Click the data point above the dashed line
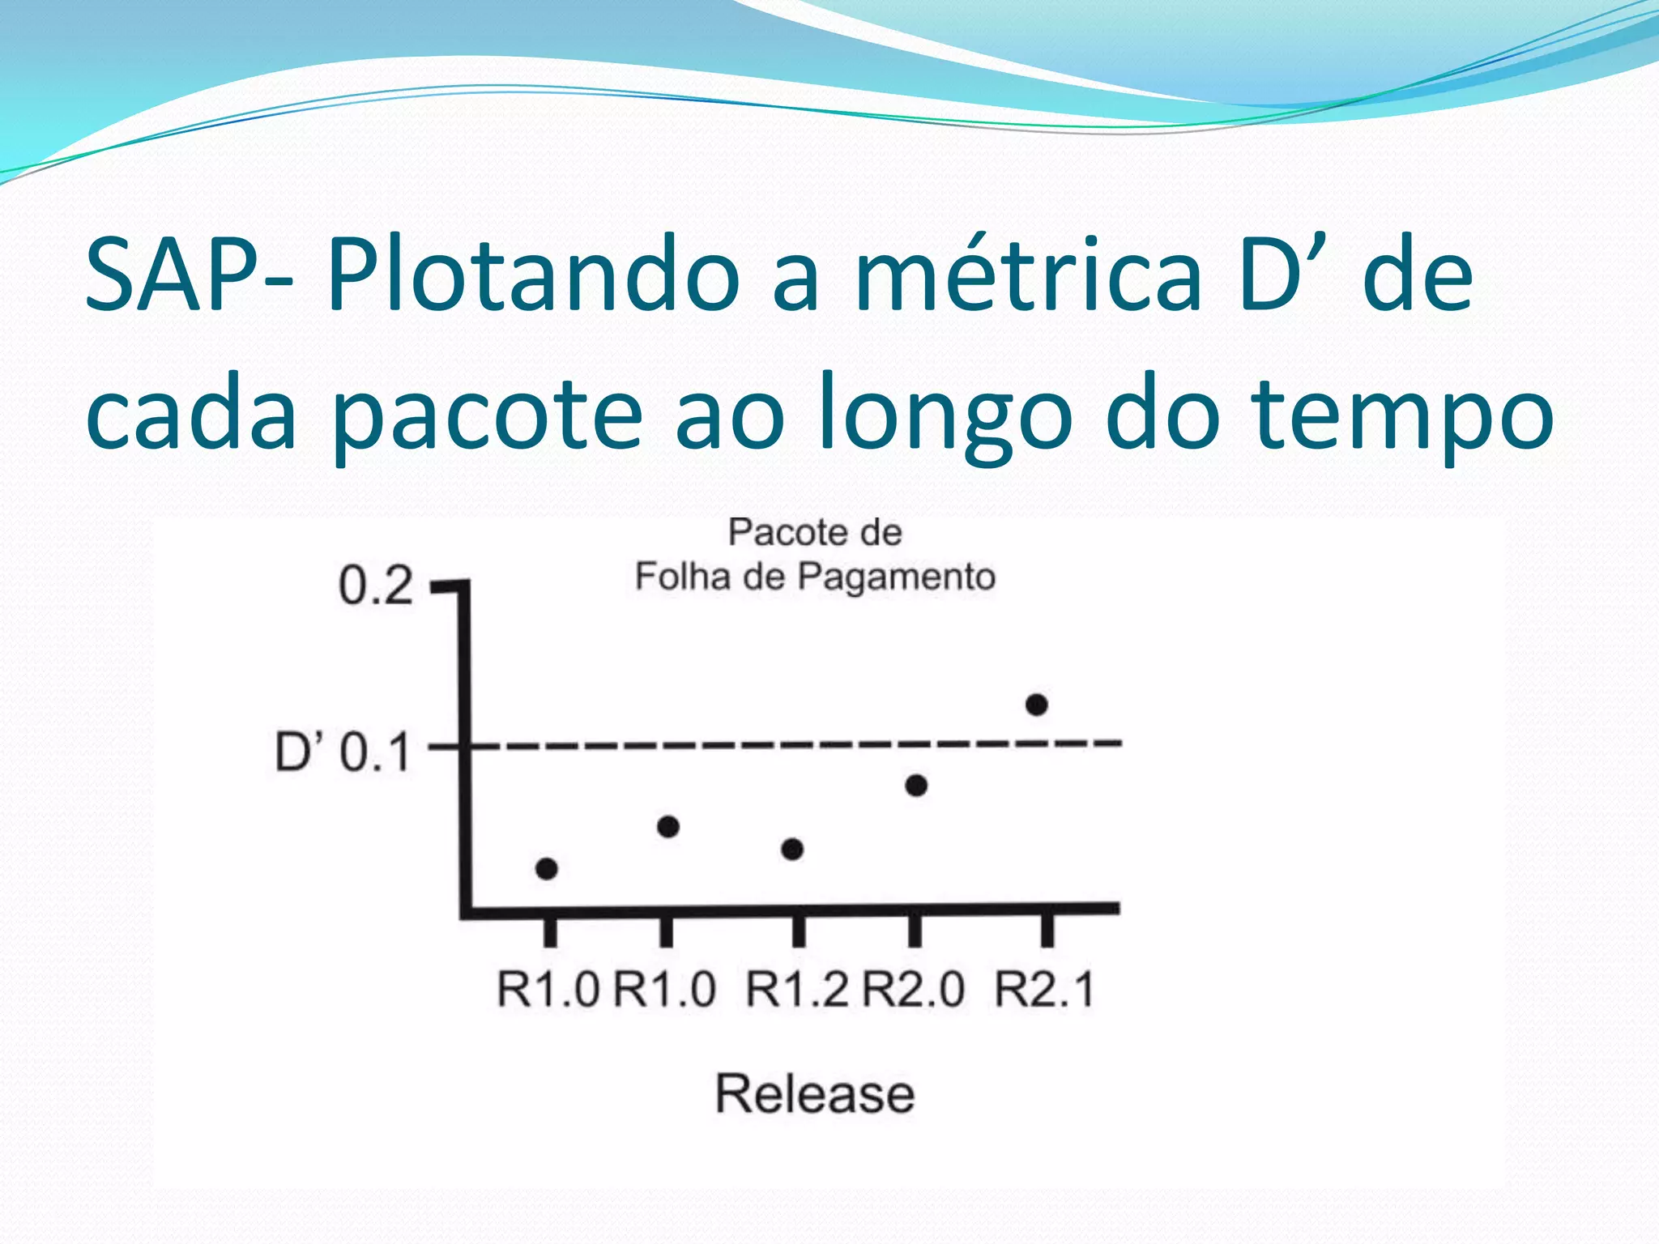pyautogui.click(x=1037, y=705)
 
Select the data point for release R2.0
pyautogui.click(x=916, y=786)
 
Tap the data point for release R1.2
pyautogui.click(x=792, y=849)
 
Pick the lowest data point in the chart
pyautogui.click(x=547, y=869)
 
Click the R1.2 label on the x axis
pyautogui.click(x=797, y=990)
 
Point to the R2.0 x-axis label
pyautogui.click(x=914, y=990)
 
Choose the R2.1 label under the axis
pyautogui.click(x=1045, y=990)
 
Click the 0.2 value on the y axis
pyautogui.click(x=375, y=586)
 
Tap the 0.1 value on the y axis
pyautogui.click(x=375, y=753)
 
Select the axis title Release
pyautogui.click(x=815, y=1094)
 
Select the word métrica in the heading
pyautogui.click(x=1029, y=275)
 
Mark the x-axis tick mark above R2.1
pyautogui.click(x=1047, y=930)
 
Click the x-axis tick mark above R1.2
pyautogui.click(x=798, y=930)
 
